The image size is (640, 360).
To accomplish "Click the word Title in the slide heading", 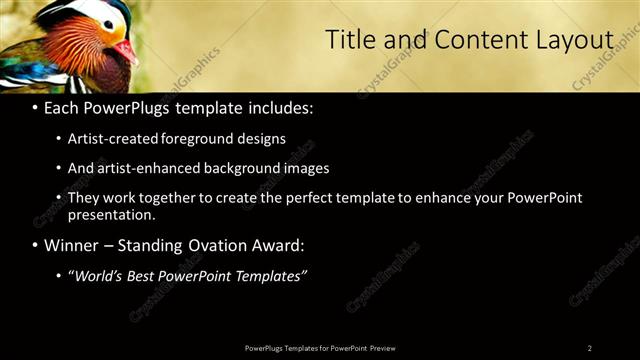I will point(350,40).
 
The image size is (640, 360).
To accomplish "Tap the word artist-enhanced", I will point(148,168).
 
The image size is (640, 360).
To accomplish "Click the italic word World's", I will point(96,276).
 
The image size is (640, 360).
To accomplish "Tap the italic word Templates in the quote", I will point(268,276).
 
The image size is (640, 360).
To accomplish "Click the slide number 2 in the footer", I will point(589,348).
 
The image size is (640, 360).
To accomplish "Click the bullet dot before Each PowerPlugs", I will point(36,108).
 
